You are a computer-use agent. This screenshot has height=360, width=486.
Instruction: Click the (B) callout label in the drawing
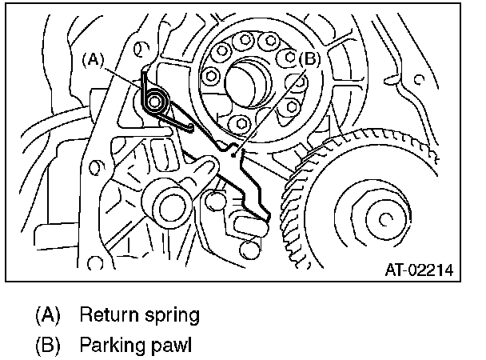click(309, 58)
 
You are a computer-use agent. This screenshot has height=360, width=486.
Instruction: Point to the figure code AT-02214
click(420, 270)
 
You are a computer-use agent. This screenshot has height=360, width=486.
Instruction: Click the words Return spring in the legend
click(138, 314)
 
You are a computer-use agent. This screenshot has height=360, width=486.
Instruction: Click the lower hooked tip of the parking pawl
click(265, 214)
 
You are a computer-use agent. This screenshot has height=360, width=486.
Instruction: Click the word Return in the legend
click(106, 314)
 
